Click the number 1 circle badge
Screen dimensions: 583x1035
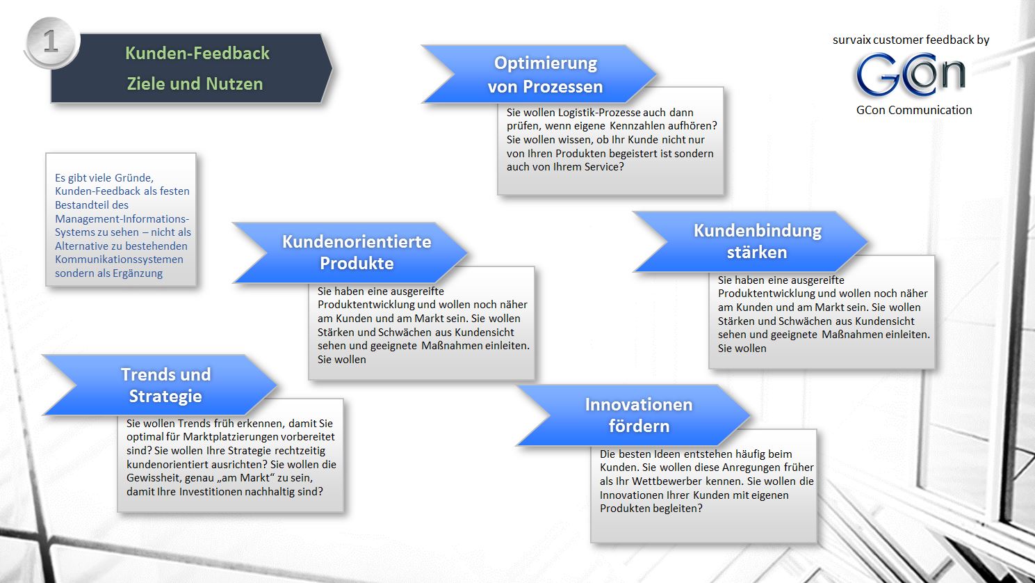[51, 42]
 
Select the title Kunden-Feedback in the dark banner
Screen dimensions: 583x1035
[197, 54]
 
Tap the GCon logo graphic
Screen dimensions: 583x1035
[910, 74]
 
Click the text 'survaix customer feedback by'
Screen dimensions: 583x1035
[911, 40]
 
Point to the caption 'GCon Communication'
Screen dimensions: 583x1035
[913, 110]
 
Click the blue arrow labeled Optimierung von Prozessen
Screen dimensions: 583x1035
[545, 74]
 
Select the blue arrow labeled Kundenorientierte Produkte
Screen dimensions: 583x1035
[356, 252]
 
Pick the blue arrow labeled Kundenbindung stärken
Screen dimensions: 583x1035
[757, 241]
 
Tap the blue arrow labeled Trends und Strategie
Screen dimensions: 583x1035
[165, 385]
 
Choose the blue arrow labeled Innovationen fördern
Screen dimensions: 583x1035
[638, 415]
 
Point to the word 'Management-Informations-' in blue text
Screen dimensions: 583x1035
[122, 218]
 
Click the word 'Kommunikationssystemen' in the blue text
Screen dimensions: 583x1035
[119, 259]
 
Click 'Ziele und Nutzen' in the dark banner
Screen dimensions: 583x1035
[195, 84]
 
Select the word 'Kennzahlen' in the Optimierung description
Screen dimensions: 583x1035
[637, 126]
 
